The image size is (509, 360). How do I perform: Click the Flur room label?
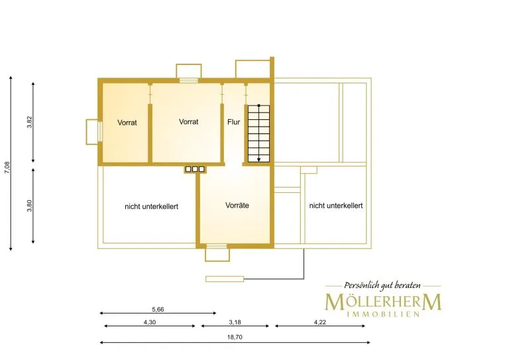click(234, 122)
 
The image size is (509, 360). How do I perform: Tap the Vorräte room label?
click(237, 205)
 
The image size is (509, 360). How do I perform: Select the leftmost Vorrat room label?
click(127, 123)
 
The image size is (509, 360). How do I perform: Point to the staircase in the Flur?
click(258, 133)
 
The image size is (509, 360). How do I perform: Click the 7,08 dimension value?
click(7, 168)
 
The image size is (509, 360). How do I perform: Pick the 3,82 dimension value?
click(30, 122)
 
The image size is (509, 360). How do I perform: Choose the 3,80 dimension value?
click(30, 206)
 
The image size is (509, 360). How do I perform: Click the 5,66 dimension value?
click(158, 310)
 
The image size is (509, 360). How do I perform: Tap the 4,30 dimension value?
click(150, 322)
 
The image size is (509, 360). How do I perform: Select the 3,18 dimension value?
click(235, 322)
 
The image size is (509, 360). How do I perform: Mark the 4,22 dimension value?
click(319, 322)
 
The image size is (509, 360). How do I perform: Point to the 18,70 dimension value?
click(235, 337)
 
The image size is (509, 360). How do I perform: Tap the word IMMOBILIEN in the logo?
click(383, 314)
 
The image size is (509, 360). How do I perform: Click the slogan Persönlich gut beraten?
click(382, 285)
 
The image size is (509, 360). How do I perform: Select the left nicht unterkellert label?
click(151, 206)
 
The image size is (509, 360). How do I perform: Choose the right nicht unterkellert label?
click(336, 206)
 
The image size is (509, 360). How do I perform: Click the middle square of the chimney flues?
click(195, 169)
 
